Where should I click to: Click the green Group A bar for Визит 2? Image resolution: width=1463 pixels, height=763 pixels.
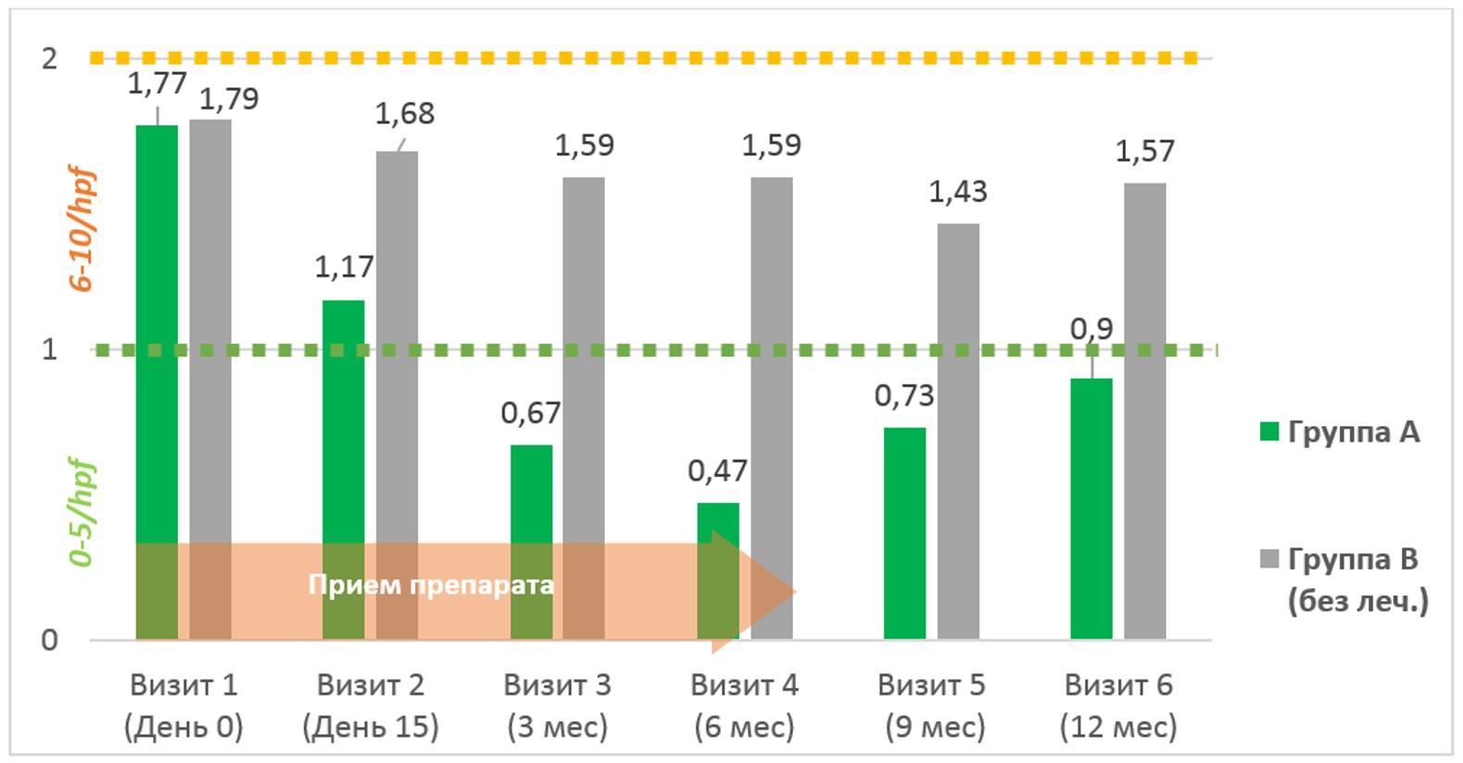(x=343, y=417)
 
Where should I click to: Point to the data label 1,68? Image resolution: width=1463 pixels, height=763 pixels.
(x=404, y=114)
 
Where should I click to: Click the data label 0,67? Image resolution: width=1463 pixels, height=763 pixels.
(x=531, y=413)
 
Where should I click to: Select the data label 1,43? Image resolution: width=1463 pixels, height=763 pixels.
(x=958, y=193)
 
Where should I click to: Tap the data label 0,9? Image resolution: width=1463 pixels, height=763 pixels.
(x=1091, y=329)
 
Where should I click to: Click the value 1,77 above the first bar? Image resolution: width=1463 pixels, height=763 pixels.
(x=157, y=83)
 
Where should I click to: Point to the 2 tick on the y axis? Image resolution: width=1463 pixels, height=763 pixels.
(x=49, y=59)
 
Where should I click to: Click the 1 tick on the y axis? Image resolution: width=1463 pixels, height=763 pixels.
(x=49, y=350)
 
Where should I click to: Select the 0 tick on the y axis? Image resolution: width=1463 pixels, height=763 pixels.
(x=49, y=640)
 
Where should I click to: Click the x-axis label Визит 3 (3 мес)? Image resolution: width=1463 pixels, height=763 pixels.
(x=557, y=706)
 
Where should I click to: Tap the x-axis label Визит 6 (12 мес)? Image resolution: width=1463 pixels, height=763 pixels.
(x=1118, y=706)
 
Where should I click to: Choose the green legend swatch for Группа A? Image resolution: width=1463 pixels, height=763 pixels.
(x=1269, y=432)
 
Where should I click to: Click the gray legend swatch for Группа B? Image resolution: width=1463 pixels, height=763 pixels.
(x=1269, y=559)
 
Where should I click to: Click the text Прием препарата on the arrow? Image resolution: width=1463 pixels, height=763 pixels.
(x=431, y=585)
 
